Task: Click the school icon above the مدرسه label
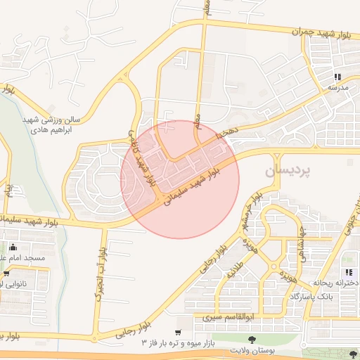[337, 77]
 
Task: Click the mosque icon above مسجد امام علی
[12, 247]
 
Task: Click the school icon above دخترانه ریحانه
[348, 273]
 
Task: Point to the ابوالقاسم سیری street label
[228, 317]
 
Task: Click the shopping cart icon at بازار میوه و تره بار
[178, 331]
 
